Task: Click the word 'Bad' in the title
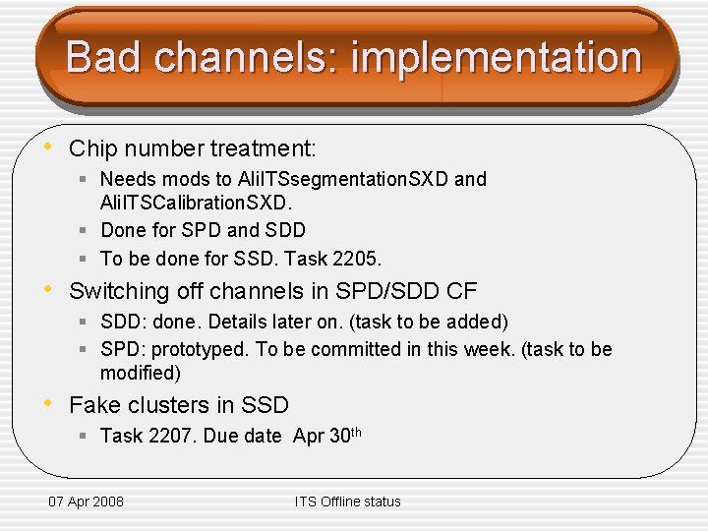pyautogui.click(x=103, y=57)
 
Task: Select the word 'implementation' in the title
pyautogui.click(x=496, y=57)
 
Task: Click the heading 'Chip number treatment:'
pyautogui.click(x=193, y=149)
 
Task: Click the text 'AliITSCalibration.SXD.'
pyautogui.click(x=195, y=203)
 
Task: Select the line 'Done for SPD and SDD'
pyautogui.click(x=203, y=230)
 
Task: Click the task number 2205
pyautogui.click(x=359, y=259)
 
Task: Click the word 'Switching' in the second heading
pyautogui.click(x=117, y=291)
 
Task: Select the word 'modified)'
pyautogui.click(x=141, y=373)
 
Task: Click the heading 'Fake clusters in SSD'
pyautogui.click(x=179, y=405)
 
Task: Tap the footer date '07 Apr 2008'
pyautogui.click(x=87, y=501)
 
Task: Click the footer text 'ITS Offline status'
pyautogui.click(x=347, y=501)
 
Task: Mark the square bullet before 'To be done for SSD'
pyautogui.click(x=86, y=259)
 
